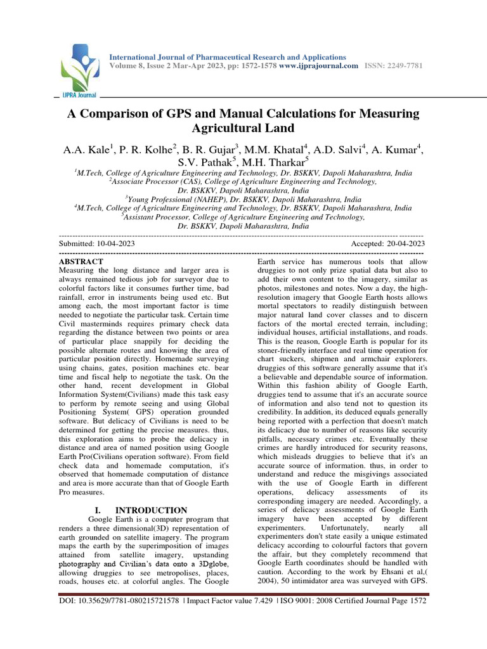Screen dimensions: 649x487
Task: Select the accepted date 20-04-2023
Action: click(x=404, y=243)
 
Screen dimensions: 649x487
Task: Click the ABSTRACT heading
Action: click(x=81, y=261)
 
